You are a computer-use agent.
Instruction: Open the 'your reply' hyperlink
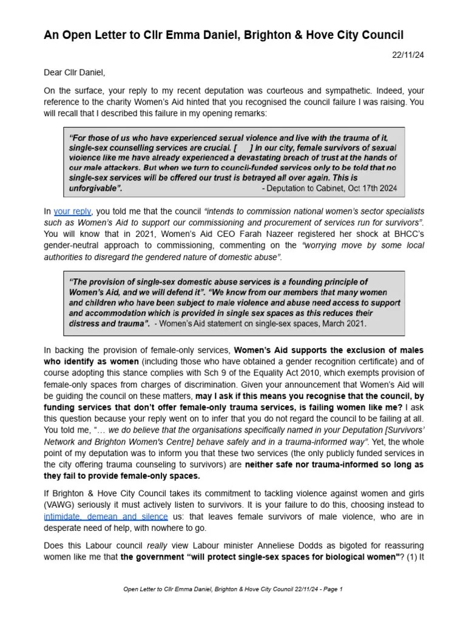72,211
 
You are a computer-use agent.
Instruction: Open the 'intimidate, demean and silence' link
106,516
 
